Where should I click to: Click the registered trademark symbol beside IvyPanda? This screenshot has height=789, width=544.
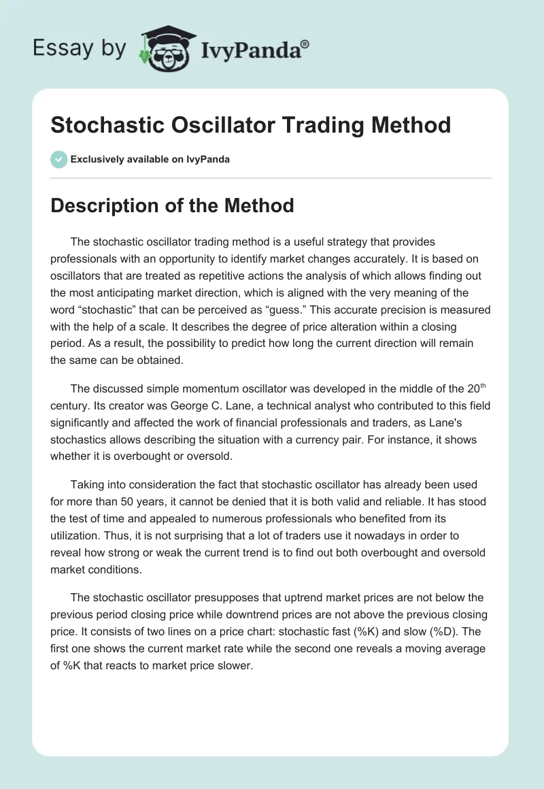coord(305,44)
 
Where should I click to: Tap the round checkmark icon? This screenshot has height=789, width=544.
coord(59,159)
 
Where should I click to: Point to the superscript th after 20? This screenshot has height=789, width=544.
coord(483,386)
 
